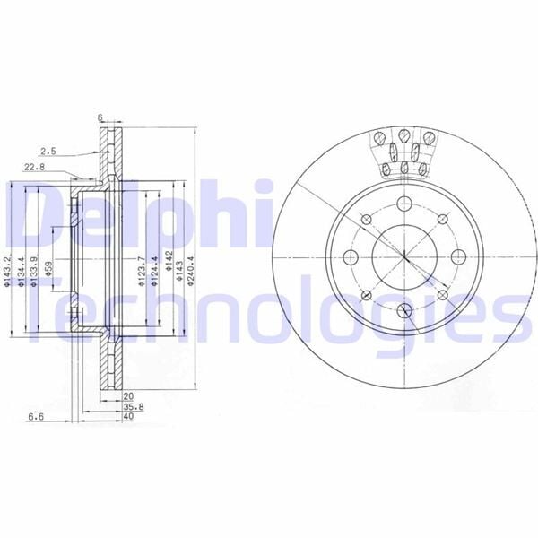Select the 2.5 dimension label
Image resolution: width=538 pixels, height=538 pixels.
click(x=48, y=151)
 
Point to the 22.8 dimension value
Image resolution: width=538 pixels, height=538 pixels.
click(x=34, y=166)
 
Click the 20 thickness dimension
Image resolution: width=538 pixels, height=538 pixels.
click(x=128, y=395)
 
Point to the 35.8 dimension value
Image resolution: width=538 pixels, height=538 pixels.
click(x=128, y=406)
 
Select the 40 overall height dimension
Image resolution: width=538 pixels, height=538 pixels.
click(x=128, y=417)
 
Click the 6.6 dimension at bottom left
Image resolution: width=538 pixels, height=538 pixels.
click(x=36, y=417)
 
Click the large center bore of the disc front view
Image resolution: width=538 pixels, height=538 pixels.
click(x=404, y=253)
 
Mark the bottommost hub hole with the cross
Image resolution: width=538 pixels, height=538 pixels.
click(x=403, y=309)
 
